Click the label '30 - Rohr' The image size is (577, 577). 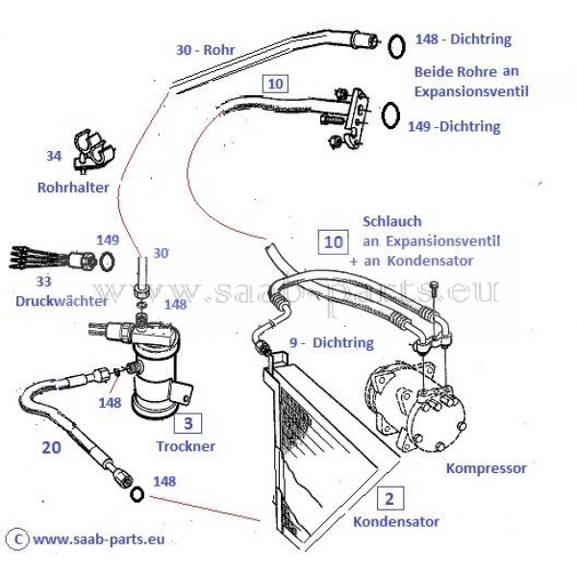[206, 51]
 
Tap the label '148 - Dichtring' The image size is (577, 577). [463, 40]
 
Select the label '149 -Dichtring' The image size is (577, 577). [454, 126]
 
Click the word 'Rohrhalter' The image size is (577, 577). [73, 188]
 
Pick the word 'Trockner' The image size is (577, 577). [186, 446]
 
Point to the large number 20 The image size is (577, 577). [52, 447]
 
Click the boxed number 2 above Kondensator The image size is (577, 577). [389, 498]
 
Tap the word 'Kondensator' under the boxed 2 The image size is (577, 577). [396, 521]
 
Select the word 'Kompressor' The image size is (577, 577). [487, 468]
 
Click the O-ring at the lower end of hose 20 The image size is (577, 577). [137, 494]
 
